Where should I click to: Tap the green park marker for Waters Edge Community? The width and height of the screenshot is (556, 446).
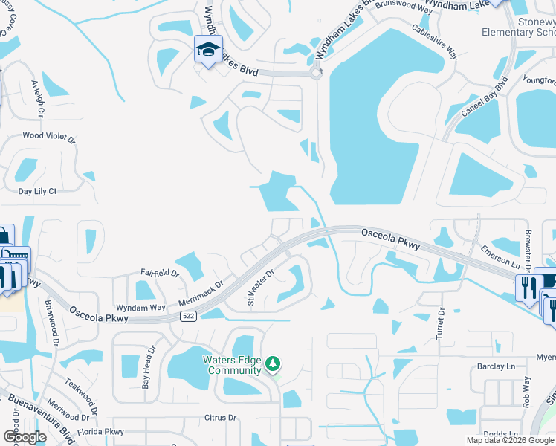coord(274,363)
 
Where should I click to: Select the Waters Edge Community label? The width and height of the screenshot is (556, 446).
coord(233,365)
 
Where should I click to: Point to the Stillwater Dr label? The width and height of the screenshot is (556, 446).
coord(261,288)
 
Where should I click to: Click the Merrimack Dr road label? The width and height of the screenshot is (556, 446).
coord(201,294)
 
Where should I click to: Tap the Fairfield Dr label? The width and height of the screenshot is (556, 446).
coord(160,273)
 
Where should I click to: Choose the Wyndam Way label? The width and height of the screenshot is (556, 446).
coord(140,307)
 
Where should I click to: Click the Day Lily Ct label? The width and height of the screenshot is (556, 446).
coord(37,191)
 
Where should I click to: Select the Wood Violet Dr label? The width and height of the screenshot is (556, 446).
coord(49,137)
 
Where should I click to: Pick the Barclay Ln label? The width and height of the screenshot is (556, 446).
coord(496,366)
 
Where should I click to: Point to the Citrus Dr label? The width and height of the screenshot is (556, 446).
coord(222,418)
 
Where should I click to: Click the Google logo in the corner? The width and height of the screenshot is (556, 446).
coord(25,436)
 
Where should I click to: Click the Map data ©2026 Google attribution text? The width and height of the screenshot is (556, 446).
coord(509,440)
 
